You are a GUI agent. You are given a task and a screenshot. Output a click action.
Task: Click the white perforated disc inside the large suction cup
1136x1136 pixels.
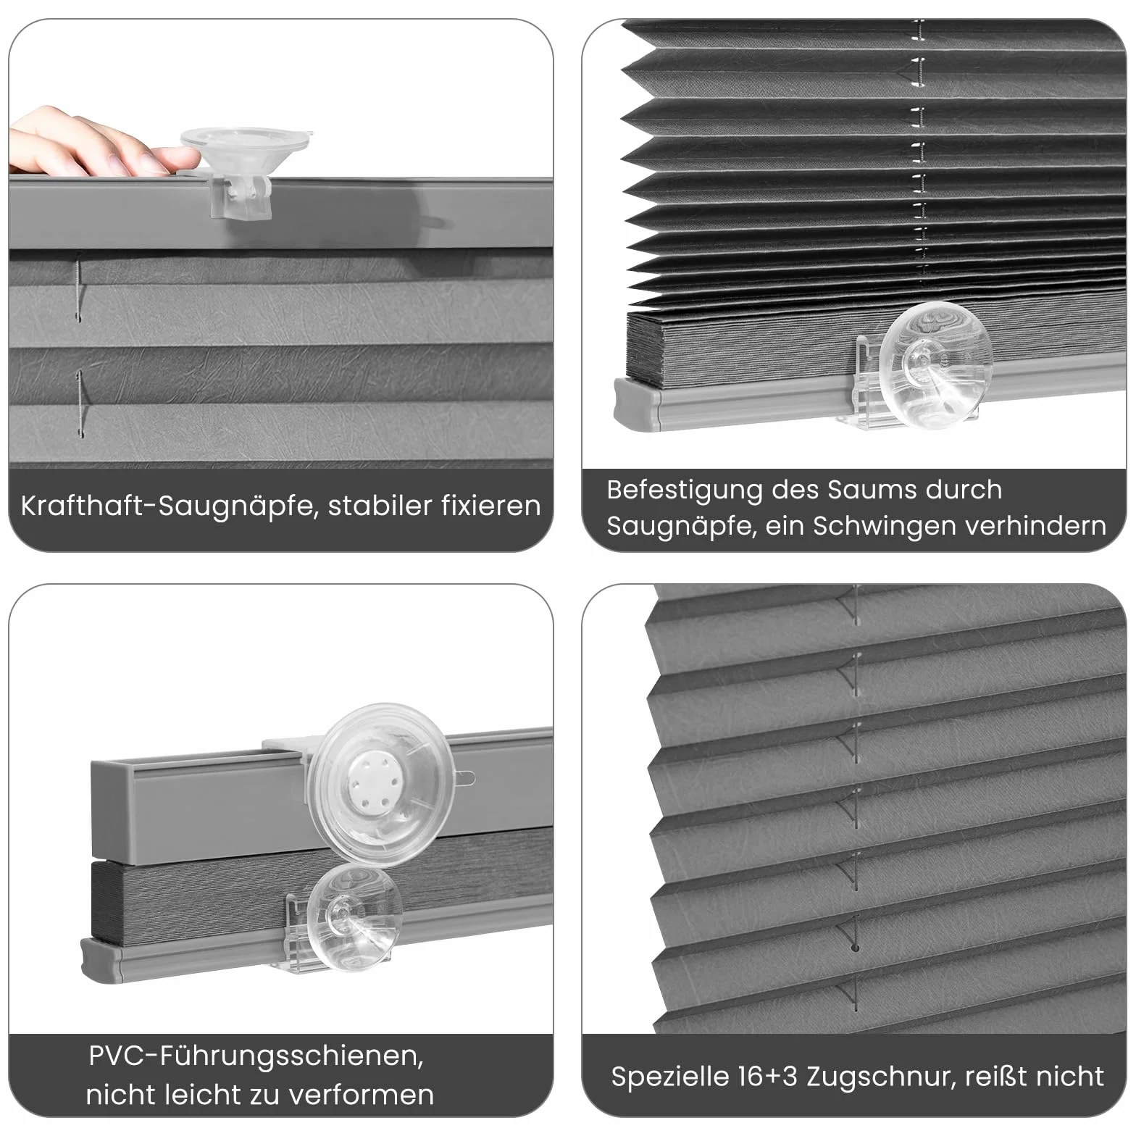pos(371,787)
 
